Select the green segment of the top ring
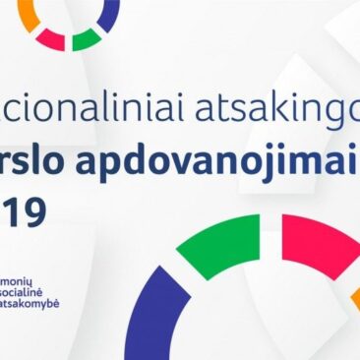click(x=86, y=37)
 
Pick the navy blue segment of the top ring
click(x=108, y=13)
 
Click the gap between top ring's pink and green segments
click(x=68, y=43)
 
